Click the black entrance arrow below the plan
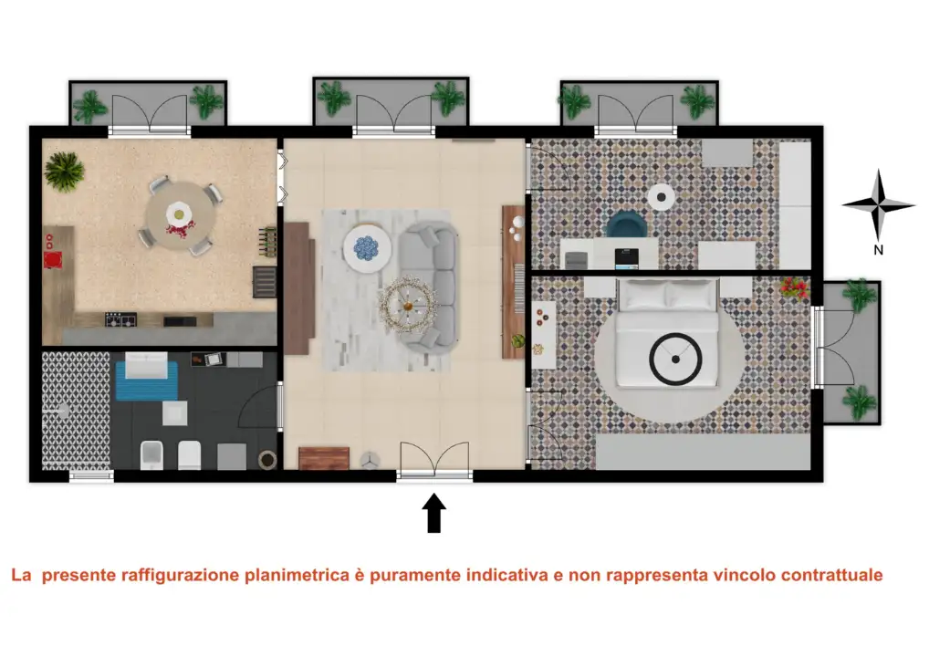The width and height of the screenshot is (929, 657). [x=434, y=513]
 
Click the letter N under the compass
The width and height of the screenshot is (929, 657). [x=878, y=249]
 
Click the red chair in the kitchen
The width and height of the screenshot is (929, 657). [x=52, y=260]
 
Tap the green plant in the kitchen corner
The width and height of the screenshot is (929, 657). [x=64, y=169]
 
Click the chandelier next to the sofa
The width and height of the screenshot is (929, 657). [x=407, y=300]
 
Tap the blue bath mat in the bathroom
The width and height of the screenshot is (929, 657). [x=146, y=380]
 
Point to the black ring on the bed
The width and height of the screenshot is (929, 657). [x=675, y=360]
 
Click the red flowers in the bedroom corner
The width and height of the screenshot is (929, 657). [x=794, y=289]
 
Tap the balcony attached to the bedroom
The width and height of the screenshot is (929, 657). [x=851, y=351]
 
